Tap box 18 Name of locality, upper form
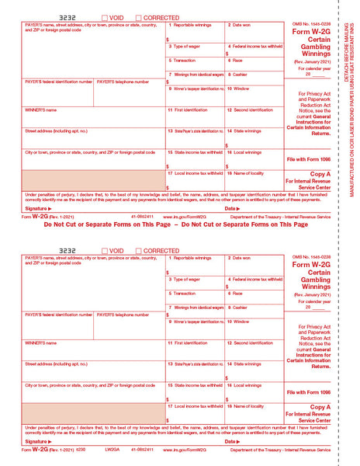tap(254, 180)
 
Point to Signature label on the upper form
tap(38, 208)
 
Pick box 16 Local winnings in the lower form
tap(254, 390)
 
